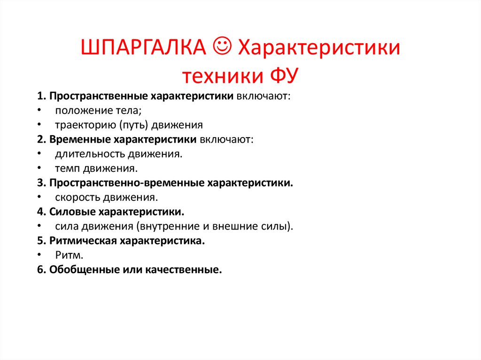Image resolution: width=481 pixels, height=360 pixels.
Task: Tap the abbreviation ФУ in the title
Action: point(284,75)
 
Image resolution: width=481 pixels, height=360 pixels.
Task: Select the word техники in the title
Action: point(223,75)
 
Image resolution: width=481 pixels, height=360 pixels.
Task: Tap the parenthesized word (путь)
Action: point(134,125)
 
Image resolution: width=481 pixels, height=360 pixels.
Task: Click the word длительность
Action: point(88,153)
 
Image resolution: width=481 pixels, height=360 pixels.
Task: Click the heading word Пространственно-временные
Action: point(126,183)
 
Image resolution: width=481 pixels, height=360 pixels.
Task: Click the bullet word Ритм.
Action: point(69,255)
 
